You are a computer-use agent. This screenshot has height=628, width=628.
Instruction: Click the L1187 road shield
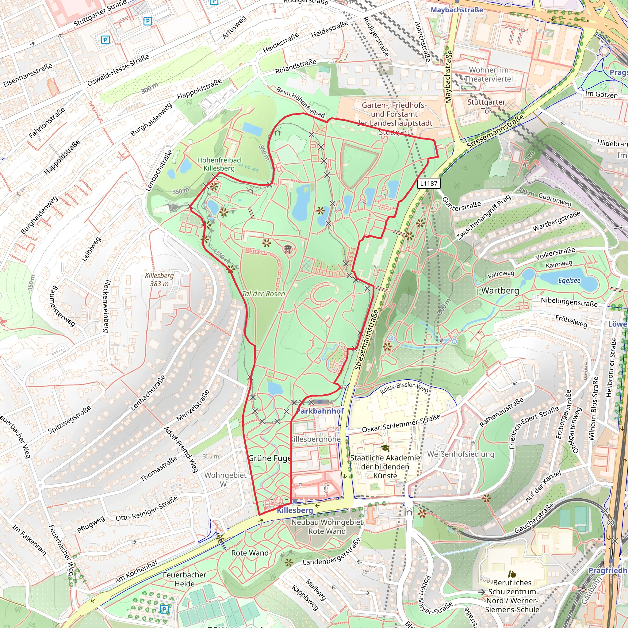click(428, 183)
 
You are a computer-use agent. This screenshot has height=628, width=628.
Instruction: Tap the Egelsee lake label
click(569, 281)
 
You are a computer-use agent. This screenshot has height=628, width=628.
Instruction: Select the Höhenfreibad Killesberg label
click(219, 164)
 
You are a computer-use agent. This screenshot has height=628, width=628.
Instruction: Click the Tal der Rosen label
click(263, 294)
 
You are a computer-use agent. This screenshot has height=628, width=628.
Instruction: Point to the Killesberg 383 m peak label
click(159, 280)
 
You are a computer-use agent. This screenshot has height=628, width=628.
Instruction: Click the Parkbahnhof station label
click(320, 411)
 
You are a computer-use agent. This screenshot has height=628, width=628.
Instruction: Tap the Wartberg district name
click(500, 291)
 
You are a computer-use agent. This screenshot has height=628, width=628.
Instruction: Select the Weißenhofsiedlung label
click(461, 454)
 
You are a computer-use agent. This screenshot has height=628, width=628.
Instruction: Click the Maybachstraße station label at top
click(457, 10)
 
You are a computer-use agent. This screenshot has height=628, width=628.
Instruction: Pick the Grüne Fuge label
click(270, 458)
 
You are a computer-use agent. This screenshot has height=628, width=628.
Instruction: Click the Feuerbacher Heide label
click(185, 579)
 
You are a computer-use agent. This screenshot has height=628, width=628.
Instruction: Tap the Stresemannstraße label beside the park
click(367, 340)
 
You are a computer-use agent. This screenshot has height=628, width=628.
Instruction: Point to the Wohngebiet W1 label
click(225, 480)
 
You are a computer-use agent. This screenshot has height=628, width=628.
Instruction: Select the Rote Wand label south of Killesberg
click(250, 553)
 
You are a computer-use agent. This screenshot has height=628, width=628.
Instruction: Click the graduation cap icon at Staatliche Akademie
click(385, 449)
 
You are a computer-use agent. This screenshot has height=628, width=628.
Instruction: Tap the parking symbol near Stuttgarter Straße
click(147, 21)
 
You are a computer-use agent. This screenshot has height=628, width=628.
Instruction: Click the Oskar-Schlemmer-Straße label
click(401, 423)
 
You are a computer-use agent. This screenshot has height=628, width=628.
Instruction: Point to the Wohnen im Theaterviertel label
click(488, 75)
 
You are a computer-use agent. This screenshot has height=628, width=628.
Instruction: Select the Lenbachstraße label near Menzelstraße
click(148, 393)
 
